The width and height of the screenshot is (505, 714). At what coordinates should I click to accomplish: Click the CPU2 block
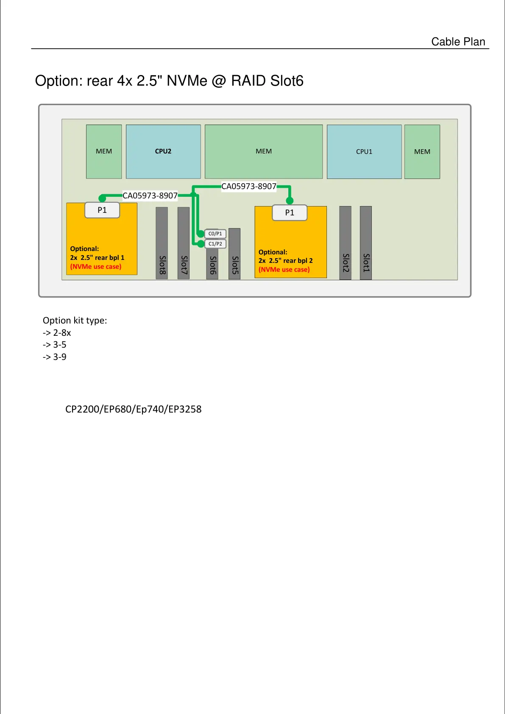pos(163,151)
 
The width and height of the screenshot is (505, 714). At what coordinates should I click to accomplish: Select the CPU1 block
pos(364,151)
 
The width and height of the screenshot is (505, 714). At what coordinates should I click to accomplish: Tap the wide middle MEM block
pos(263,151)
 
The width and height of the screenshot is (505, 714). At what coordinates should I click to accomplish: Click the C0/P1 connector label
pos(215,234)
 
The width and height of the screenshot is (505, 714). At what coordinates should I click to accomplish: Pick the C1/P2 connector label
pos(215,244)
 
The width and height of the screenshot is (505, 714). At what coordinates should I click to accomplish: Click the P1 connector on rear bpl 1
pos(102,210)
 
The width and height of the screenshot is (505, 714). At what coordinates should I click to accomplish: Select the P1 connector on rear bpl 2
pos(290,213)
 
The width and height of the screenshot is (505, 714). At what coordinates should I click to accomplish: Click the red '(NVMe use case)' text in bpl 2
pos(284,270)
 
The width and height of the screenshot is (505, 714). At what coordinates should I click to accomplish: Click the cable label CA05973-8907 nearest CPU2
pos(150,195)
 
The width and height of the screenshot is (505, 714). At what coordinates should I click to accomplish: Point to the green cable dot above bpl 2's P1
pos(290,201)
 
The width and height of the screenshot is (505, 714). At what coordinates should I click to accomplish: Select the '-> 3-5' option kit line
pos(55,345)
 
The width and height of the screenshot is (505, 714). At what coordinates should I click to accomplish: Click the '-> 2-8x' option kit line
pos(57,333)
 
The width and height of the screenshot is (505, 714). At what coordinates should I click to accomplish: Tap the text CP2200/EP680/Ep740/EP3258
pos(133,409)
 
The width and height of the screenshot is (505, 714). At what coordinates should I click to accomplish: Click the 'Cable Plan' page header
pos(458,42)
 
